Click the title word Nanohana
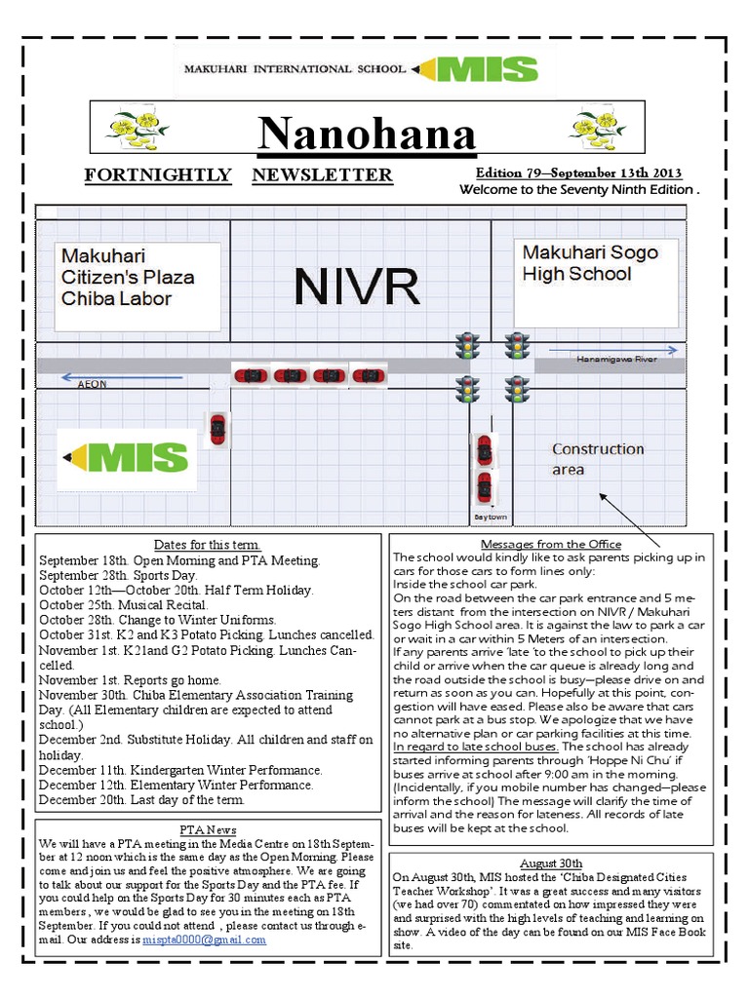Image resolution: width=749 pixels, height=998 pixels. [367, 134]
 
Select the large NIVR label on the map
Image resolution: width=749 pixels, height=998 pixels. [357, 287]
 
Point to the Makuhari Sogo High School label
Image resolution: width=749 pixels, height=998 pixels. [590, 264]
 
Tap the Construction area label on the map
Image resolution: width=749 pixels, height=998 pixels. [598, 459]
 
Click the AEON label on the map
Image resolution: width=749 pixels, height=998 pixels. [93, 385]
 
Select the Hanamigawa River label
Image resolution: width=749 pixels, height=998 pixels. [616, 360]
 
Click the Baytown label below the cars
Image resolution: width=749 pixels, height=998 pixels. [490, 517]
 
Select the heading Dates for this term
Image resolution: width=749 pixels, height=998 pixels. [207, 545]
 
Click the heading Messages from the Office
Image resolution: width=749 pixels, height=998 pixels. [551, 544]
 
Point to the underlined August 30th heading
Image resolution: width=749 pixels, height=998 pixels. [551, 864]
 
